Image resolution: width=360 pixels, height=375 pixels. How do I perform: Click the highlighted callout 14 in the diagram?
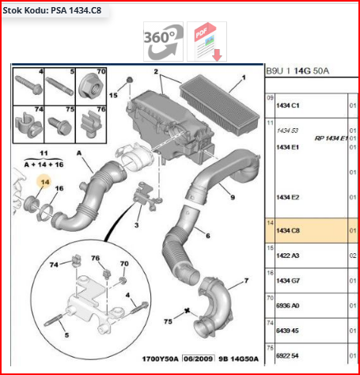pos(44,182)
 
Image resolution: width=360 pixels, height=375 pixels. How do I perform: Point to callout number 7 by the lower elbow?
pos(245,280)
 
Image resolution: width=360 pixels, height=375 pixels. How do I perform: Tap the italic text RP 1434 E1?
pos(331,138)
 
